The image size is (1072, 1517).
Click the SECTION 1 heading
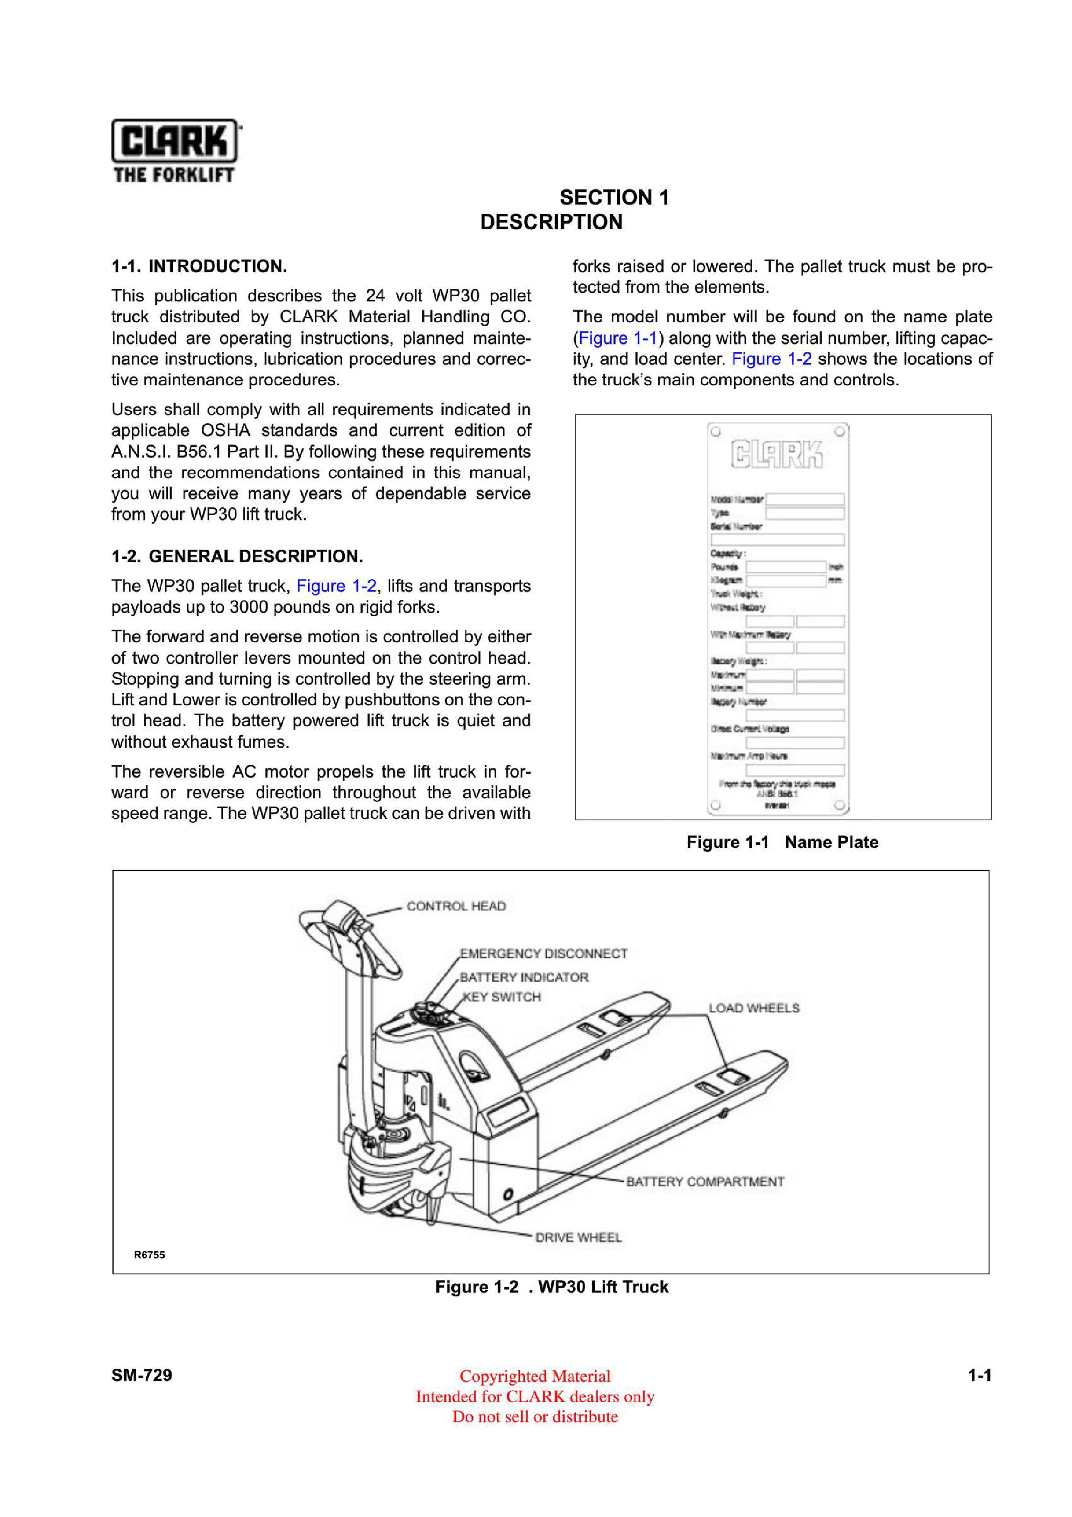(x=614, y=197)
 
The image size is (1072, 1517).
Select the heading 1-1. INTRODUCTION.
(x=199, y=266)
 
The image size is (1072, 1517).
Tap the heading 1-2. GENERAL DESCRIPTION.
(x=237, y=556)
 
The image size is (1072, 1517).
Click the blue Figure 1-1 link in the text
(x=618, y=338)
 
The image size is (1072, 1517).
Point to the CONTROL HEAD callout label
(x=456, y=906)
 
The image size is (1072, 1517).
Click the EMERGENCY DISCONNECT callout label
(x=544, y=954)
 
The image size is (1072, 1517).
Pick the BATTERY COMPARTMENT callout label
(x=705, y=1181)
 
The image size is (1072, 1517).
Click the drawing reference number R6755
(x=149, y=1255)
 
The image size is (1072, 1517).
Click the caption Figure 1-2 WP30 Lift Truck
(x=552, y=1287)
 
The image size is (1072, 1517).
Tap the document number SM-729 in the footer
(x=141, y=1376)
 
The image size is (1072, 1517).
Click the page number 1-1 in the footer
(x=979, y=1376)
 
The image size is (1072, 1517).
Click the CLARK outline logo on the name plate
(x=777, y=454)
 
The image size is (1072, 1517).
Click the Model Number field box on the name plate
(x=804, y=499)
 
